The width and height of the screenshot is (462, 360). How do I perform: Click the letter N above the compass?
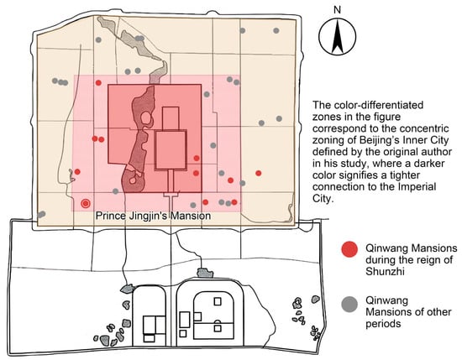click(337, 10)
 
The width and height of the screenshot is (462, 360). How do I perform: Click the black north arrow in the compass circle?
click(338, 38)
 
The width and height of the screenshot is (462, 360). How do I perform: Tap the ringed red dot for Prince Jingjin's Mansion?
click(86, 203)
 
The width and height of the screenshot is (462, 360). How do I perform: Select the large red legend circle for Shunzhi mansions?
click(349, 249)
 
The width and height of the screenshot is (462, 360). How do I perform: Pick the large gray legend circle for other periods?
click(349, 305)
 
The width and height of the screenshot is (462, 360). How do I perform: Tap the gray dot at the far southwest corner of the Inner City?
click(41, 214)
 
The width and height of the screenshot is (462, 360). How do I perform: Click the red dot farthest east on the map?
click(259, 173)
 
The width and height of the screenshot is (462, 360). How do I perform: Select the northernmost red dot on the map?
click(98, 83)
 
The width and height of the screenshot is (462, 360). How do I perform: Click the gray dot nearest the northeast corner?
click(276, 30)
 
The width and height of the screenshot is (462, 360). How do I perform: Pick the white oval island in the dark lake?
click(145, 118)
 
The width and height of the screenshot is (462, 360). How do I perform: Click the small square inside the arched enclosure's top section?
click(218, 301)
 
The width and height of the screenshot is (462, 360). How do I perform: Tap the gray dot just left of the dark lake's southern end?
click(116, 191)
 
